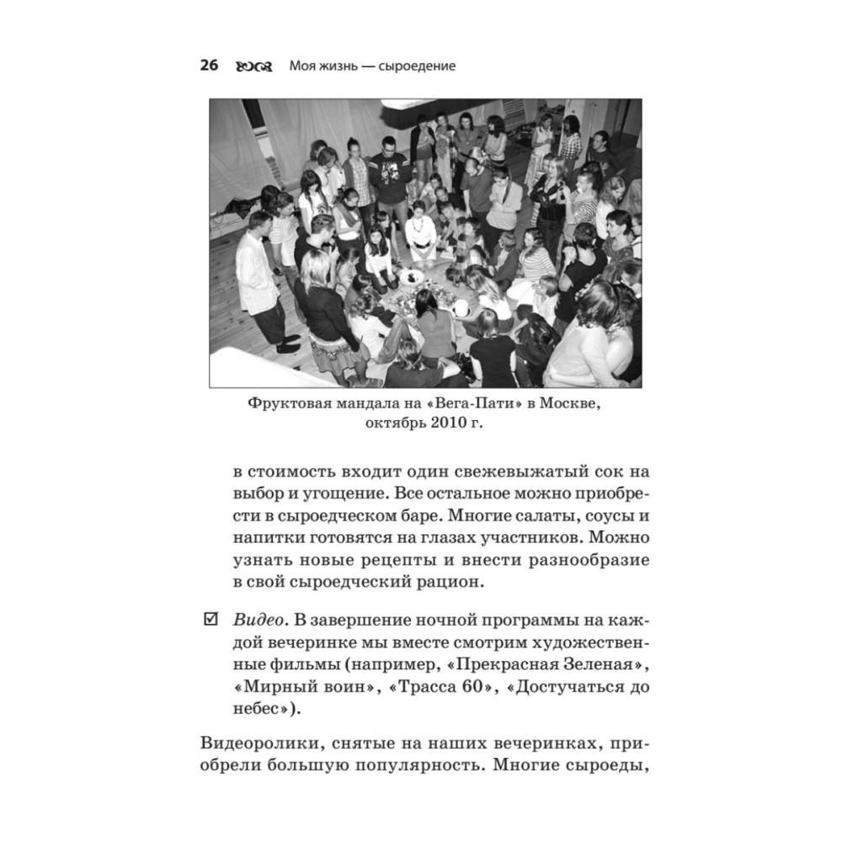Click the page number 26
pos(209,66)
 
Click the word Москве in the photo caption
pos(569,405)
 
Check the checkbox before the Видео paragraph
pos(210,621)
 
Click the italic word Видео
pos(255,621)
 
